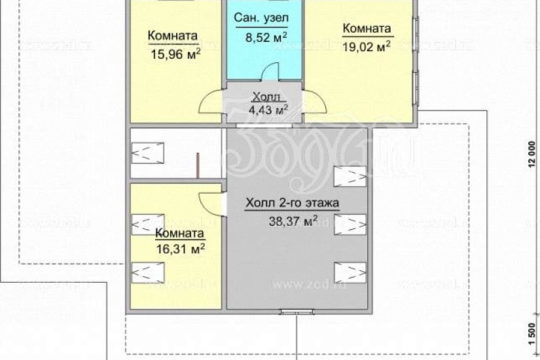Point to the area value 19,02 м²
coord(366,46)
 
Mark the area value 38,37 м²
coord(293,221)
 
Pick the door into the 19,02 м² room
coord(315,101)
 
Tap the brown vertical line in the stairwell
coord(197,164)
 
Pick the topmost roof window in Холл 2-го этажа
coord(349,176)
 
